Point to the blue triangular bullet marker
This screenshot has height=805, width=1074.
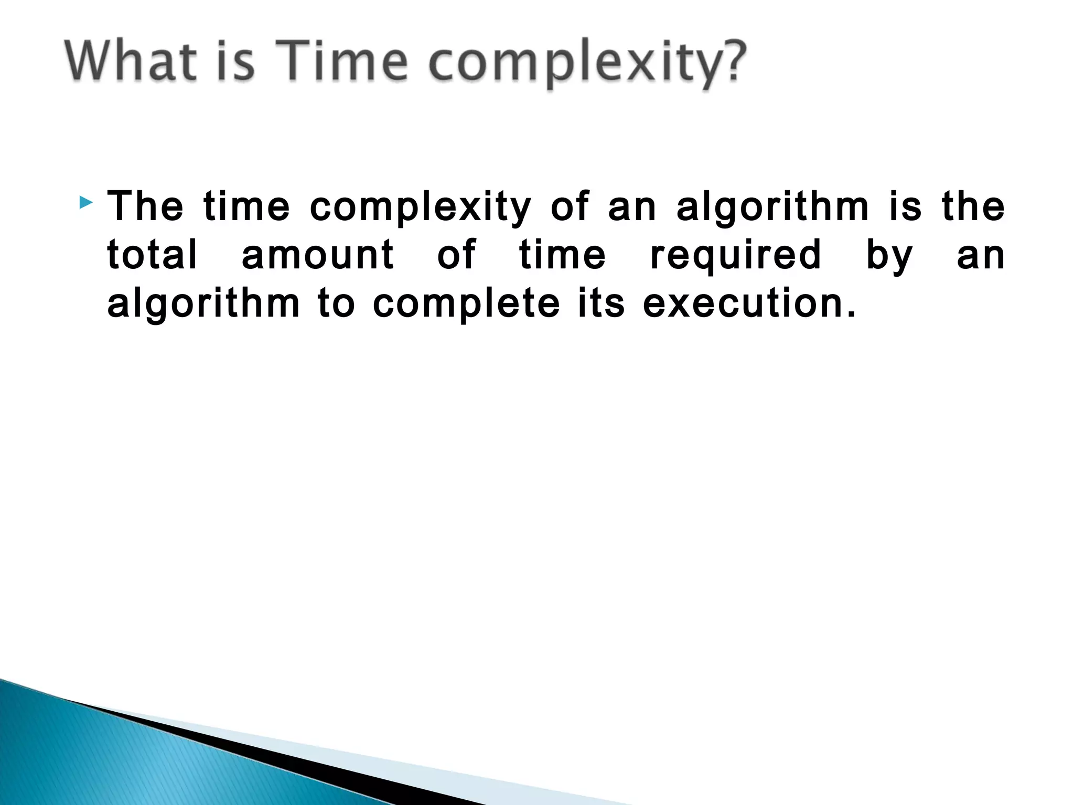pos(86,202)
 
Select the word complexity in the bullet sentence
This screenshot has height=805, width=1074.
pos(420,208)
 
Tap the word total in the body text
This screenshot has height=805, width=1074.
pos(152,255)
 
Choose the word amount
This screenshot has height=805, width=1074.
pos(318,255)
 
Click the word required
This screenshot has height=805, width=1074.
pos(735,257)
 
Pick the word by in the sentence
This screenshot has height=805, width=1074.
pos(889,257)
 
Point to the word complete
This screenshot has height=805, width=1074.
pos(466,305)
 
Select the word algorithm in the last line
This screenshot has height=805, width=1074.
pos(203,305)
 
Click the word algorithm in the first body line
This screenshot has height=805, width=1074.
pos(772,208)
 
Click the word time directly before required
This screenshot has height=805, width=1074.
pos(562,255)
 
